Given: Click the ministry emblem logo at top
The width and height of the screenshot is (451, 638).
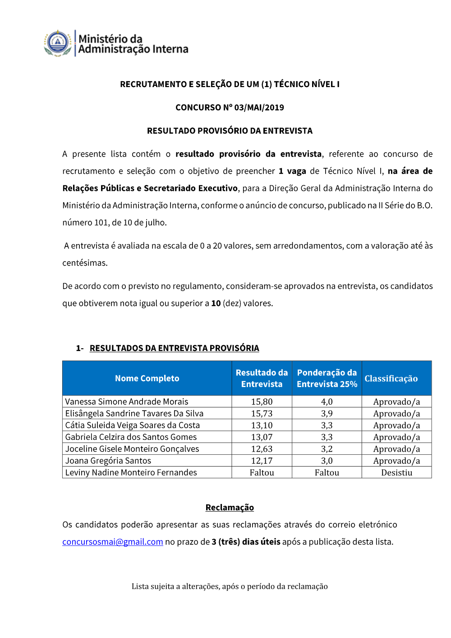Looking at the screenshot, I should [x=58, y=43].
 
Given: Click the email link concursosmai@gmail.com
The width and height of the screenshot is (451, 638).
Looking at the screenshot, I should [x=112, y=541].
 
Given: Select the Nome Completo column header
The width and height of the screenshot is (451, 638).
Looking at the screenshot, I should [x=147, y=378].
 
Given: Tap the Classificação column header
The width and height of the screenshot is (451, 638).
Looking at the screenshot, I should [x=391, y=378].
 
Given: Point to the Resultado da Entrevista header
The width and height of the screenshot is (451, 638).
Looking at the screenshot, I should [x=262, y=378].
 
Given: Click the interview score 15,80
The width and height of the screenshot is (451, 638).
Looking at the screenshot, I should [x=262, y=402].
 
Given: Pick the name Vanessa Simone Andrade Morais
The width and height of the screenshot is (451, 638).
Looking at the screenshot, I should [x=127, y=402].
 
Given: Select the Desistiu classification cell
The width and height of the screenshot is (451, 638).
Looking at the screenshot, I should [x=396, y=472].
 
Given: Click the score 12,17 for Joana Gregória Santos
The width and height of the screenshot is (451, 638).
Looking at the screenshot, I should [x=262, y=461].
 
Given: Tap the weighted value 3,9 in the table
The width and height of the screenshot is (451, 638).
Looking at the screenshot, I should [x=327, y=413].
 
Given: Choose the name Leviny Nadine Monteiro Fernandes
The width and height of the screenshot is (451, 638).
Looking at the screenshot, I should [x=131, y=472].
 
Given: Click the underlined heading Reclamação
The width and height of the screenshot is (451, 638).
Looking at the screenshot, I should [x=230, y=507].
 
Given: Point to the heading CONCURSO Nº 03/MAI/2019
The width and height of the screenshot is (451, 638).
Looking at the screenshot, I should [x=230, y=107].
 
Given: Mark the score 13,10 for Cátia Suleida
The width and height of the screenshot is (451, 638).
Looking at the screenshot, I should [x=262, y=425].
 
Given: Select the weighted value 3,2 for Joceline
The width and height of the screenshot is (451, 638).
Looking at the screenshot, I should [x=327, y=449].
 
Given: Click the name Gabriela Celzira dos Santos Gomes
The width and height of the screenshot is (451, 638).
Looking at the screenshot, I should [x=131, y=437].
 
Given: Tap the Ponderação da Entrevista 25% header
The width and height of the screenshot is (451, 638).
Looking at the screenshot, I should [x=327, y=378].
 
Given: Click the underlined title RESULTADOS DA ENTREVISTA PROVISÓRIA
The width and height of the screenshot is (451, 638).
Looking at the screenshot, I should [x=174, y=348].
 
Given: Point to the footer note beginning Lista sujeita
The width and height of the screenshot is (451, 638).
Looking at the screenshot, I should [x=230, y=586].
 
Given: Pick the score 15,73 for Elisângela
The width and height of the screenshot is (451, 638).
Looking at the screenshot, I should [x=262, y=413].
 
